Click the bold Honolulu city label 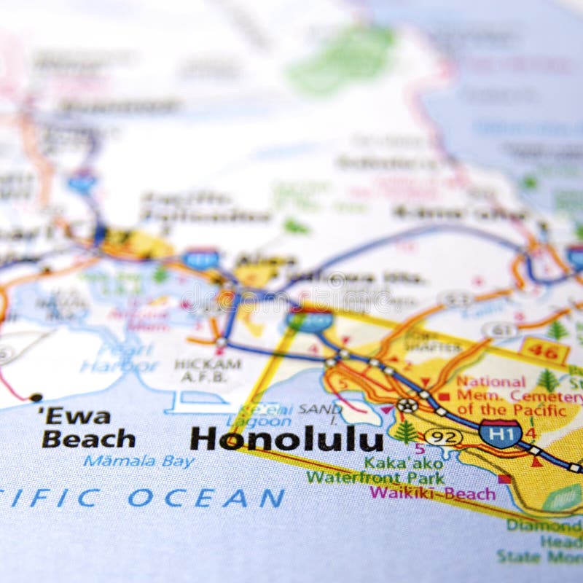[286, 439]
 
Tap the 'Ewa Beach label [87, 429]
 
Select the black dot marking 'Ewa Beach [36, 397]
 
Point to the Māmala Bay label [138, 461]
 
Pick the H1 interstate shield [500, 434]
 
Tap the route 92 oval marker [442, 437]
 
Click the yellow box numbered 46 [544, 351]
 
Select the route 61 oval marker [499, 330]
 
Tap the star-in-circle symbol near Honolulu [407, 404]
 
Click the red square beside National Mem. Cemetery [444, 396]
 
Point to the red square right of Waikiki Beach [504, 479]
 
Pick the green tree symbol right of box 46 [558, 330]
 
